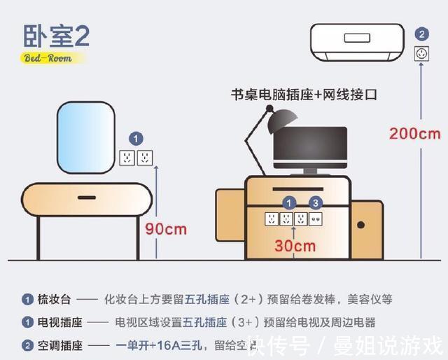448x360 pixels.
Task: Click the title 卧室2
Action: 57,36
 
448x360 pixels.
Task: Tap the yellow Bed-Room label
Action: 48,58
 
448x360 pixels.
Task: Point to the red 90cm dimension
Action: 167,229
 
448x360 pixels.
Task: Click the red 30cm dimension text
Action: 295,246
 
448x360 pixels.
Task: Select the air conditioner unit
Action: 356,41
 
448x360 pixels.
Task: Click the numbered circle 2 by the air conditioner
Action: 421,34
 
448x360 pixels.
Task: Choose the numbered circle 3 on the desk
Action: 316,203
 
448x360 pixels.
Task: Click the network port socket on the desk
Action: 316,219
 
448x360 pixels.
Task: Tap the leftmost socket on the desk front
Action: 271,219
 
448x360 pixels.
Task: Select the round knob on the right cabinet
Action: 361,225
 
